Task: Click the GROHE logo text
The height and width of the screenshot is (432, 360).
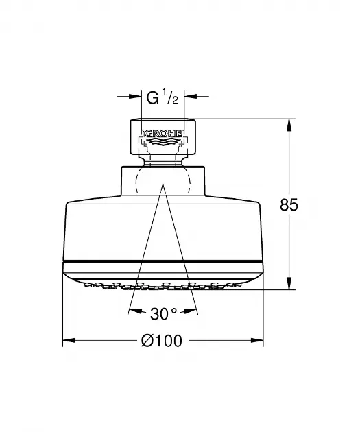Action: [163, 134]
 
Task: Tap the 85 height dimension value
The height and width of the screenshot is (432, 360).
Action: [289, 205]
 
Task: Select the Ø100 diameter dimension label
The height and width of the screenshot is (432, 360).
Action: [162, 341]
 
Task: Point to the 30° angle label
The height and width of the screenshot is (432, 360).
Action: [163, 313]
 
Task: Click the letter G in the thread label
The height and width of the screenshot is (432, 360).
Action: [153, 97]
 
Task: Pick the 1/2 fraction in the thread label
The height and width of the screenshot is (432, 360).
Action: [170, 96]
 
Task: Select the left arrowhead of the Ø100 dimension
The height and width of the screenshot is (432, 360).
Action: [69, 341]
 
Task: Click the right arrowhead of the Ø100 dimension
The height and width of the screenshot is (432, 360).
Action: [257, 341]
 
